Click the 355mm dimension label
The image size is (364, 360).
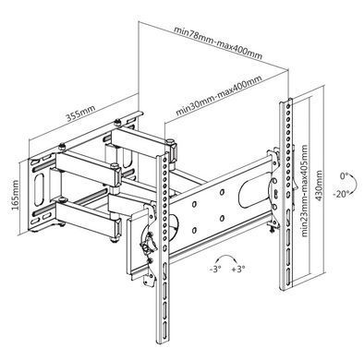click(81, 113)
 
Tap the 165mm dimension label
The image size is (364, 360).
click(15, 196)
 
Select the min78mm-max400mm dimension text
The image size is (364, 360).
click(218, 43)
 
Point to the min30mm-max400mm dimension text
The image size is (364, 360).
click(219, 95)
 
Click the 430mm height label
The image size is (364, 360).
click(319, 186)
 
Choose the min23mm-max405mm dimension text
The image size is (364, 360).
click(304, 191)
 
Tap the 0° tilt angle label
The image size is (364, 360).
click(344, 176)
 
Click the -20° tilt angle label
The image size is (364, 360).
click(341, 194)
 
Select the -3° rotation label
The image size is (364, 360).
click(215, 270)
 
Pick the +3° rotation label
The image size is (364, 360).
click(238, 270)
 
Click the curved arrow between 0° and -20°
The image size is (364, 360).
click(355, 185)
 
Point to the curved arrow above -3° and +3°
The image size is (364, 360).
click(227, 257)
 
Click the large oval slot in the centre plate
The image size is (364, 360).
click(252, 193)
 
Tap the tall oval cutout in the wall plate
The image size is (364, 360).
click(39, 189)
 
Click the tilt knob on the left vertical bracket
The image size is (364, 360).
click(148, 243)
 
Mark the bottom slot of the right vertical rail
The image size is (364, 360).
click(287, 276)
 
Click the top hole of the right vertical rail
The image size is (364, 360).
click(287, 106)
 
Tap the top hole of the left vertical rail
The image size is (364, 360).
click(165, 160)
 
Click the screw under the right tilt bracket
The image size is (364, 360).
click(272, 228)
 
